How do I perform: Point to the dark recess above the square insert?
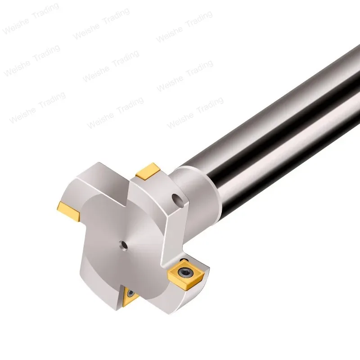coord(184,261)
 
